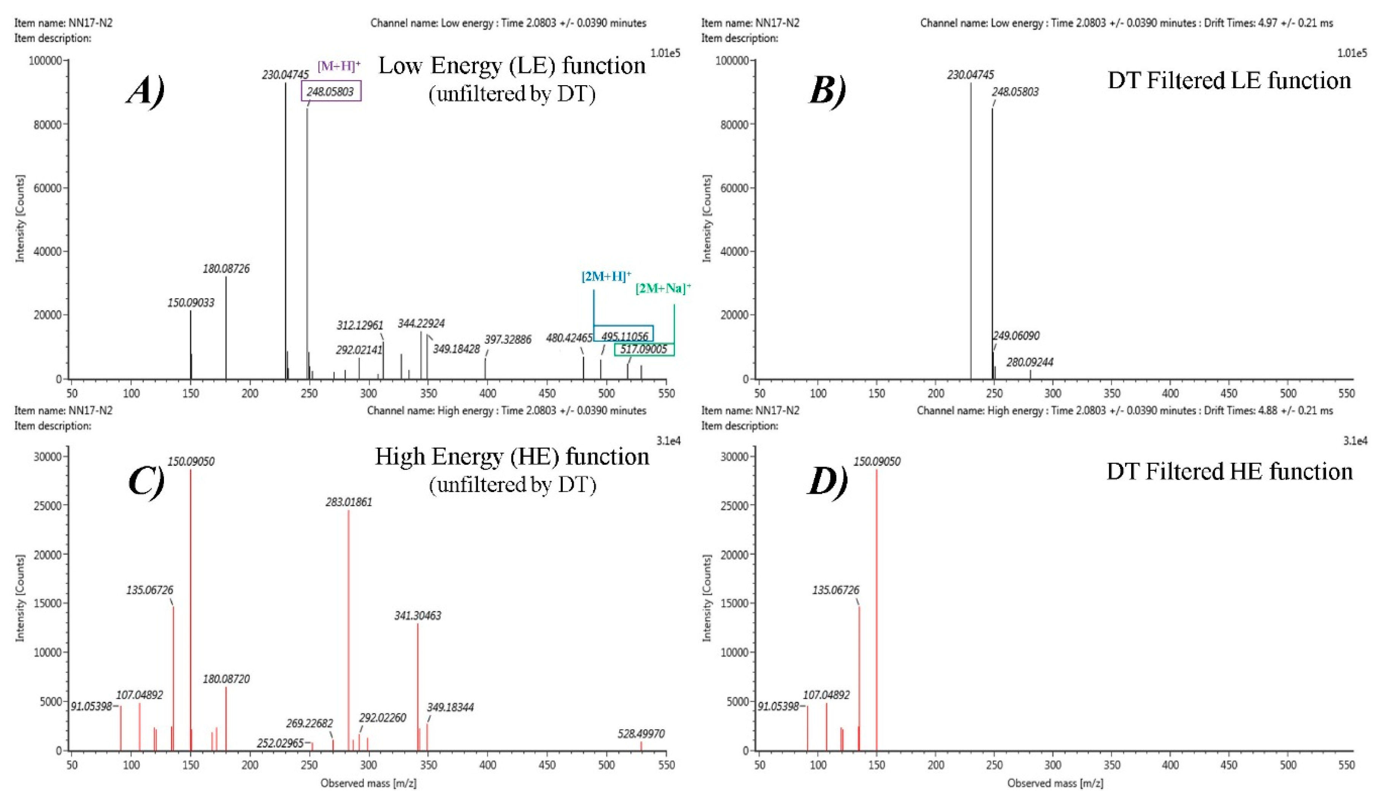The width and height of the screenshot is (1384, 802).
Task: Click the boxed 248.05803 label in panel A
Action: (x=331, y=92)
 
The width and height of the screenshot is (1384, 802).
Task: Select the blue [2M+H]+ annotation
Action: (x=606, y=276)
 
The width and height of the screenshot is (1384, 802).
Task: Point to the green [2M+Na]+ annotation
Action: (x=663, y=288)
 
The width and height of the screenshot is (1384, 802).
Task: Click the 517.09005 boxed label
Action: (x=644, y=349)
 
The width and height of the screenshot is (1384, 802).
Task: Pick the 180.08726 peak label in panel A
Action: (x=226, y=268)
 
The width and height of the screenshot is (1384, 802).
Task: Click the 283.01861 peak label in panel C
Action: (x=349, y=502)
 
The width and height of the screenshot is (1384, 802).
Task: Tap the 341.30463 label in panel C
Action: (x=417, y=616)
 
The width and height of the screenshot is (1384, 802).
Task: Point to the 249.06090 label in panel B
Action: (x=1016, y=336)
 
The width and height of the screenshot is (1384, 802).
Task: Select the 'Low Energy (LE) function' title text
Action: (x=512, y=66)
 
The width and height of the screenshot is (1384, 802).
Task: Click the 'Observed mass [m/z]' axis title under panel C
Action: (x=368, y=783)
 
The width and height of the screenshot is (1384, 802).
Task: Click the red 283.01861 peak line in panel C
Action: (x=349, y=632)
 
